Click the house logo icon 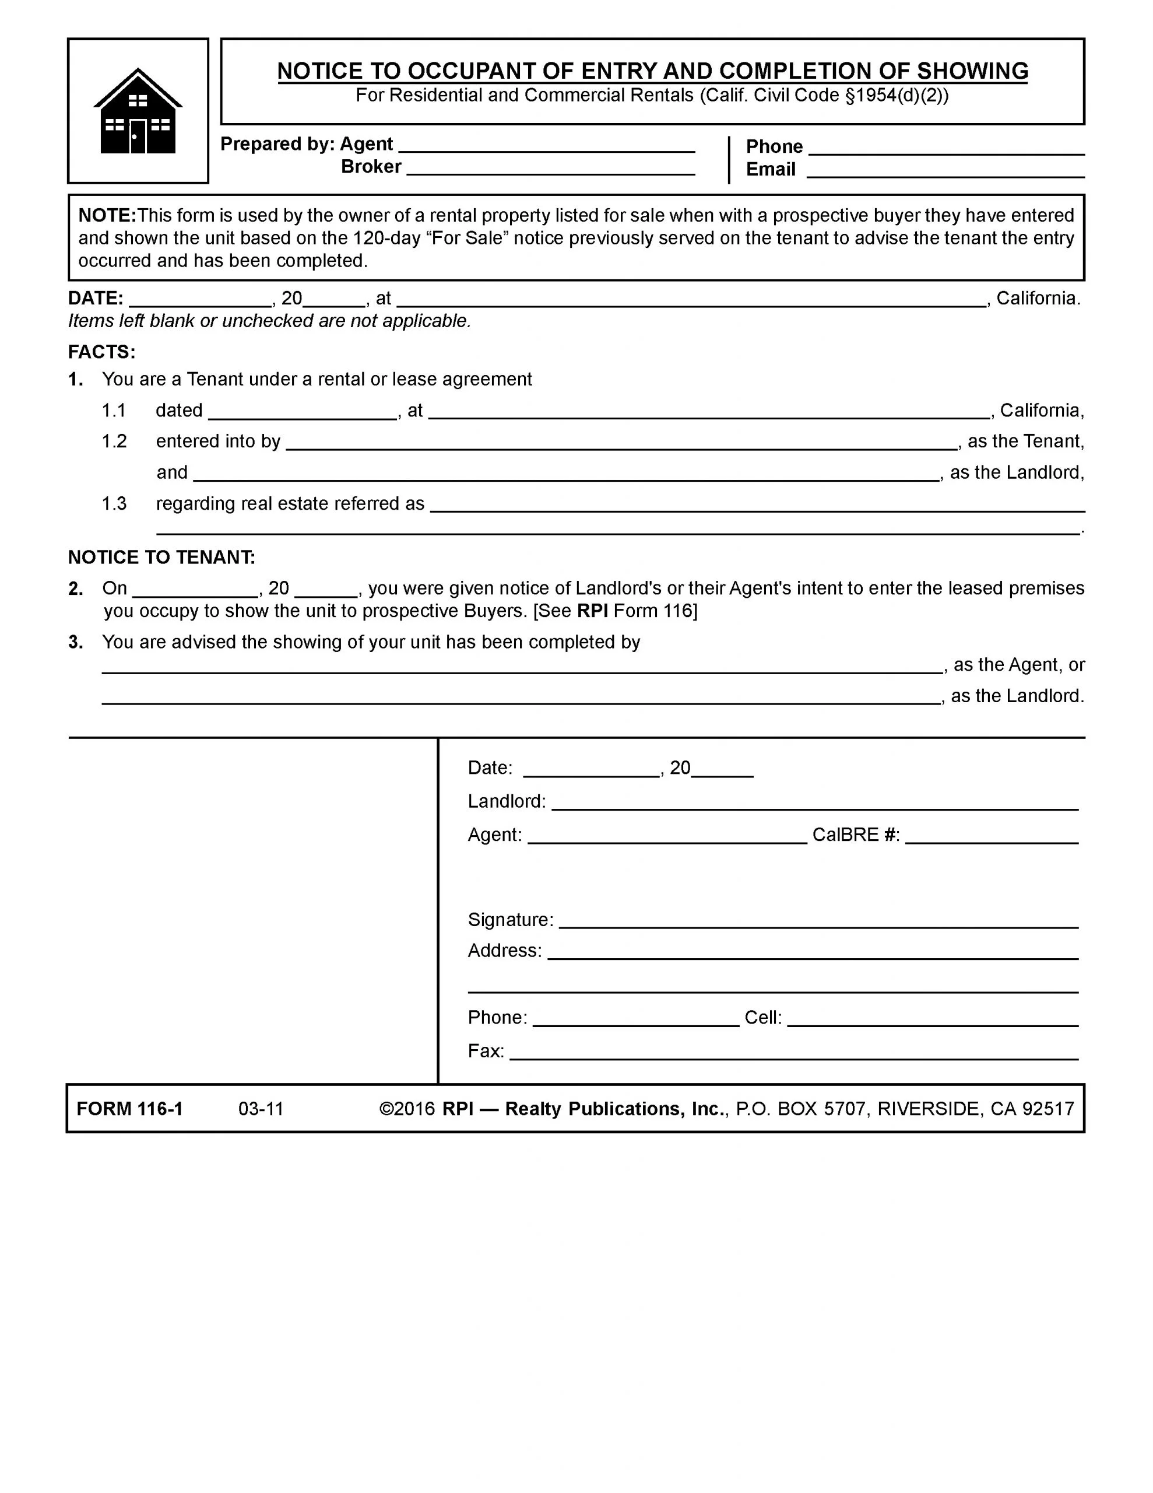(138, 111)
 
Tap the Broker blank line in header (550, 170)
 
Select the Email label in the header (770, 170)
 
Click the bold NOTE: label (107, 215)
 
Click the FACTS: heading (102, 352)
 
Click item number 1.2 (114, 441)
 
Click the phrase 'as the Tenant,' (1025, 441)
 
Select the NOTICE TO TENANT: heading (161, 557)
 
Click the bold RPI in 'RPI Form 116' (592, 611)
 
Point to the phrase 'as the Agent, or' (1018, 664)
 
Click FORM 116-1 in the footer (130, 1108)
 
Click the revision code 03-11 (261, 1108)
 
